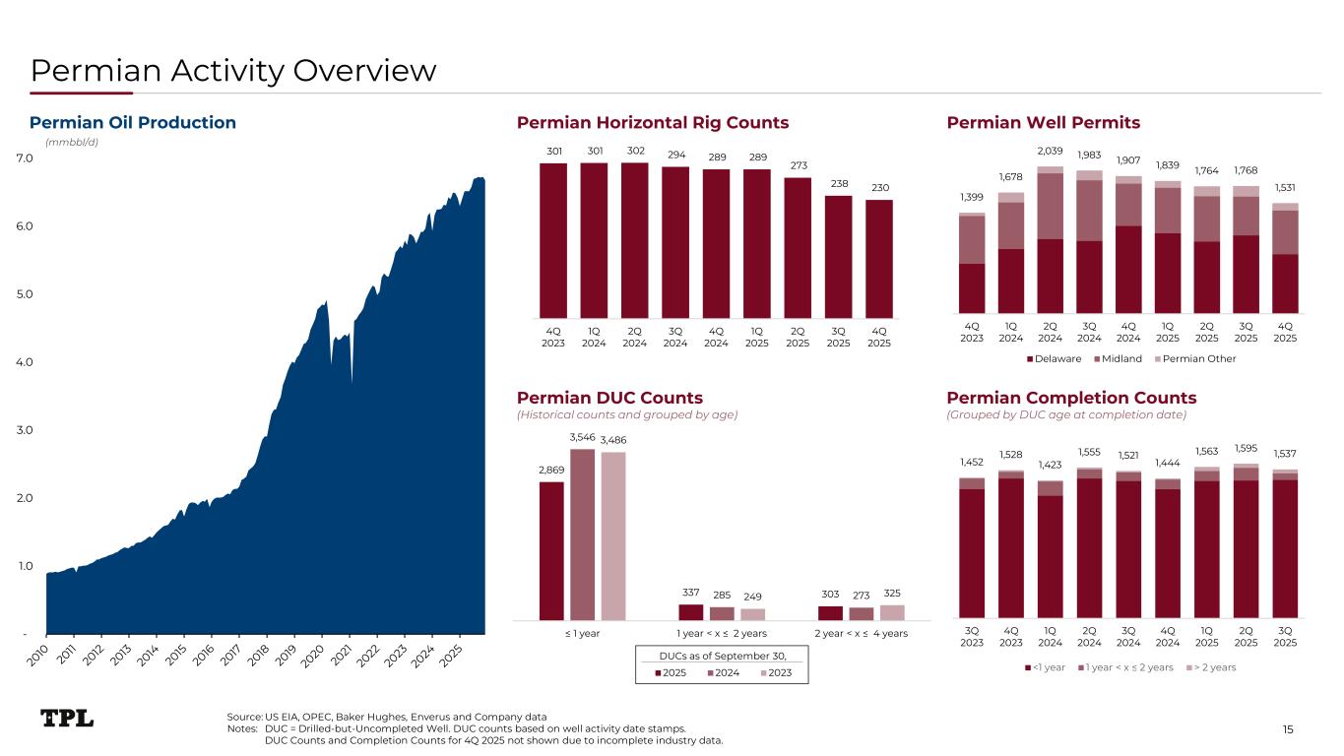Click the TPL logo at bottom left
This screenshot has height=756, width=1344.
pyautogui.click(x=67, y=718)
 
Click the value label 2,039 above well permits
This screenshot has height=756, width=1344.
pyautogui.click(x=1050, y=150)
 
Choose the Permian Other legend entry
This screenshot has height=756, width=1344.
pyautogui.click(x=1198, y=358)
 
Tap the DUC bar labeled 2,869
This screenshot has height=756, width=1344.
pyautogui.click(x=551, y=550)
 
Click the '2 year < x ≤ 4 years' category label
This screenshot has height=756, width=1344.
pyautogui.click(x=861, y=633)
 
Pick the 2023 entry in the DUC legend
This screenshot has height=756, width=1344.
pyautogui.click(x=770, y=674)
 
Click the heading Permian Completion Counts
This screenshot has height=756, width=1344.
pyautogui.click(x=1071, y=398)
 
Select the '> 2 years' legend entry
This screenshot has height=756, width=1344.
pyautogui.click(x=1212, y=667)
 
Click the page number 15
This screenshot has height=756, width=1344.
pyautogui.click(x=1288, y=728)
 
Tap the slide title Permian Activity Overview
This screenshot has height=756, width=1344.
pyautogui.click(x=233, y=70)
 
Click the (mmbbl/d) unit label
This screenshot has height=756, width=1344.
pyautogui.click(x=72, y=142)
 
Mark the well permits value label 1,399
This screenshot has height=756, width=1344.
pyautogui.click(x=971, y=197)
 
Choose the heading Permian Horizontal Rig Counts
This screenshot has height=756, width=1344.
pyautogui.click(x=653, y=123)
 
